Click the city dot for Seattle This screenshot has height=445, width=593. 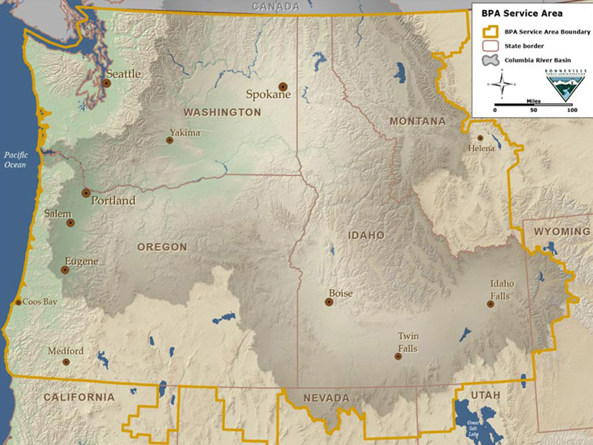pos(106,83)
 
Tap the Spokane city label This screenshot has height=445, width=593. pos(268,95)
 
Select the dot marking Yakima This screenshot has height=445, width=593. pos(170,141)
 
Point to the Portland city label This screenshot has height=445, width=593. pos(113,201)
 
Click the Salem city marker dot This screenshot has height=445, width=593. pos(70,222)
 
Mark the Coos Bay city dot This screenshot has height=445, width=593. pos(18,302)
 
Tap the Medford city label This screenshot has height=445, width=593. pos(65,351)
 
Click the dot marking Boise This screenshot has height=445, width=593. pos(329,302)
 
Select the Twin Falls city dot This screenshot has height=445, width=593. pos(398,356)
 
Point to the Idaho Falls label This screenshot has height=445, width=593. pos(502,289)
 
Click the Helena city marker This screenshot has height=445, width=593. pos(480,138)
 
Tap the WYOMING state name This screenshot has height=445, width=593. pos(561,232)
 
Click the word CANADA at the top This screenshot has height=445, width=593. pos(276,6)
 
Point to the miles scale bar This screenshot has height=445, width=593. pos(533,104)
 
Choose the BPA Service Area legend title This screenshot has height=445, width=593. pos(513,14)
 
